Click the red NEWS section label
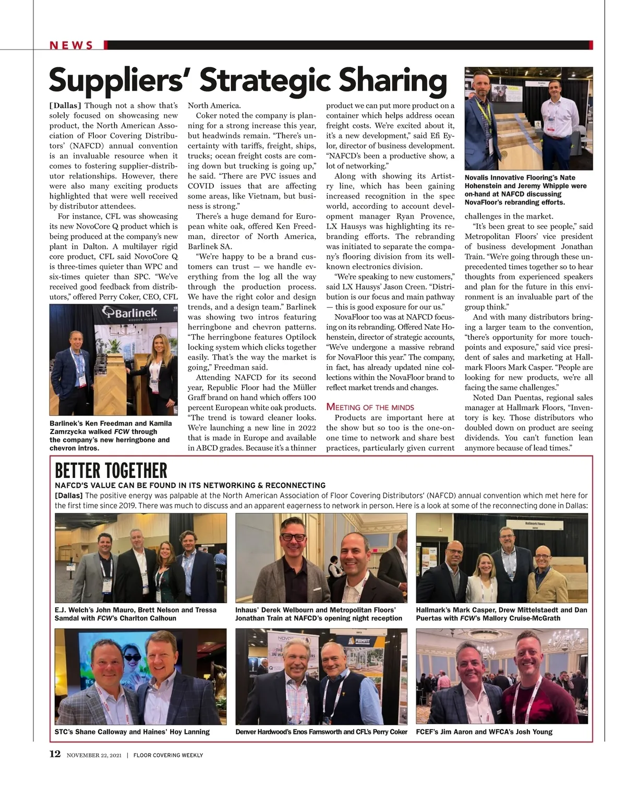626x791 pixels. [x=71, y=45]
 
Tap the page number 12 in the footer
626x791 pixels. [x=55, y=754]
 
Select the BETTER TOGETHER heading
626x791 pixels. [x=111, y=471]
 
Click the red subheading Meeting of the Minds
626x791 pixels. [x=370, y=407]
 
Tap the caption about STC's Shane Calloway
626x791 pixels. [x=132, y=732]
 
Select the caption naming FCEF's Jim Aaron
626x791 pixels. [x=484, y=732]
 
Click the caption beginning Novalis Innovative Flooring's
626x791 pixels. [x=525, y=190]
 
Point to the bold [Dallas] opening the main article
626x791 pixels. [x=65, y=105]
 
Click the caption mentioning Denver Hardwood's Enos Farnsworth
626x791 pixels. [x=321, y=732]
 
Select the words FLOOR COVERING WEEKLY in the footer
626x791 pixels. [x=168, y=755]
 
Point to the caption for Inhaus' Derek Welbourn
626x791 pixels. [x=318, y=614]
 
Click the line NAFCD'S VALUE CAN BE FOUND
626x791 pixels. [x=190, y=485]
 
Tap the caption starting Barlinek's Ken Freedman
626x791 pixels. [x=110, y=436]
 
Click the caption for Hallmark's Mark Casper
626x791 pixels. [x=501, y=614]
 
